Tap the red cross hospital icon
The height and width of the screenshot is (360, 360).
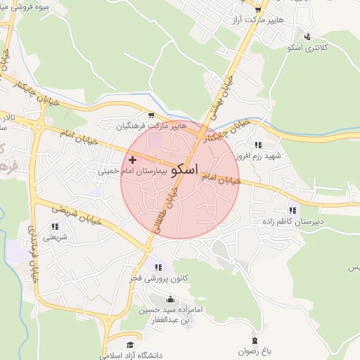tap(132, 160)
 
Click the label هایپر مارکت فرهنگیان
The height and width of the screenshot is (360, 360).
tap(150, 127)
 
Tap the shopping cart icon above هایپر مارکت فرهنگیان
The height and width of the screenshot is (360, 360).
tap(150, 115)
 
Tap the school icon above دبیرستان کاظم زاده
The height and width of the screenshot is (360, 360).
tap(292, 210)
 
